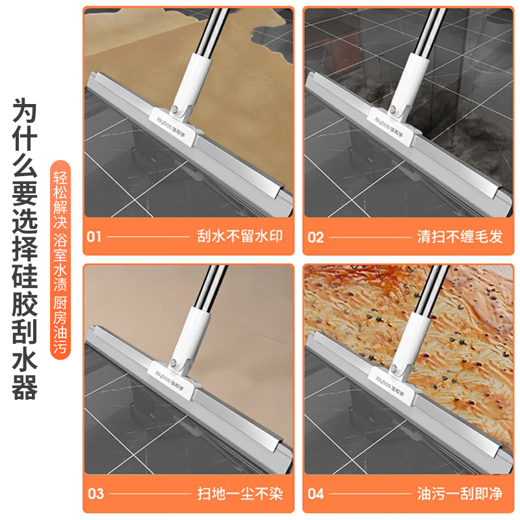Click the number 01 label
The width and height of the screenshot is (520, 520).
click(x=94, y=237)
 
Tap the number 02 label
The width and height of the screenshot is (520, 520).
click(x=316, y=237)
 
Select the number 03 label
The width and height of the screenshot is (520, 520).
click(x=95, y=494)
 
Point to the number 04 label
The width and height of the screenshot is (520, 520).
click(x=316, y=494)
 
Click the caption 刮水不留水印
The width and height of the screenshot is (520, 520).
click(x=240, y=237)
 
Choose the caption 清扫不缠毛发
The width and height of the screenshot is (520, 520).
click(x=460, y=237)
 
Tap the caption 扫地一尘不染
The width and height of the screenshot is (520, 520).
click(x=240, y=494)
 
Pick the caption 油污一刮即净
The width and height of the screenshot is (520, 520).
click(x=460, y=494)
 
